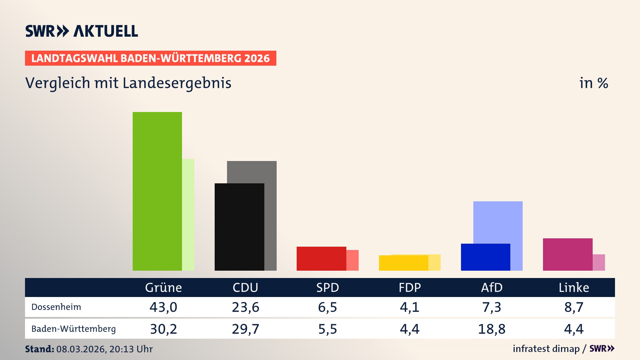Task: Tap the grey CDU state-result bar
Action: click(x=270, y=200)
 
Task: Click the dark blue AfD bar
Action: click(x=485, y=257)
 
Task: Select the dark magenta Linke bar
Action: click(x=568, y=254)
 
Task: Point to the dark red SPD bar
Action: click(x=321, y=258)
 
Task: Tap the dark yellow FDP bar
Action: click(x=403, y=263)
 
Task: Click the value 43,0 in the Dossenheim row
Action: click(x=163, y=307)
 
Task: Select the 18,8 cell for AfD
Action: click(x=492, y=329)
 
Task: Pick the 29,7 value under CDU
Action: click(x=245, y=329)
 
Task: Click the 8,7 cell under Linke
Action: click(x=574, y=307)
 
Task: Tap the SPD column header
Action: click(x=327, y=287)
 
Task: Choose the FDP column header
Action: click(x=410, y=287)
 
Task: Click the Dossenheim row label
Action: click(x=56, y=307)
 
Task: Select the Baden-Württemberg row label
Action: click(x=73, y=329)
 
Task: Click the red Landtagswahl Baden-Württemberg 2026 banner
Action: click(x=150, y=58)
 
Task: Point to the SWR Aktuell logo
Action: click(x=82, y=31)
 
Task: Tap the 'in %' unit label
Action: click(x=593, y=83)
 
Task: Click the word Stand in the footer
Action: click(x=39, y=349)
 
